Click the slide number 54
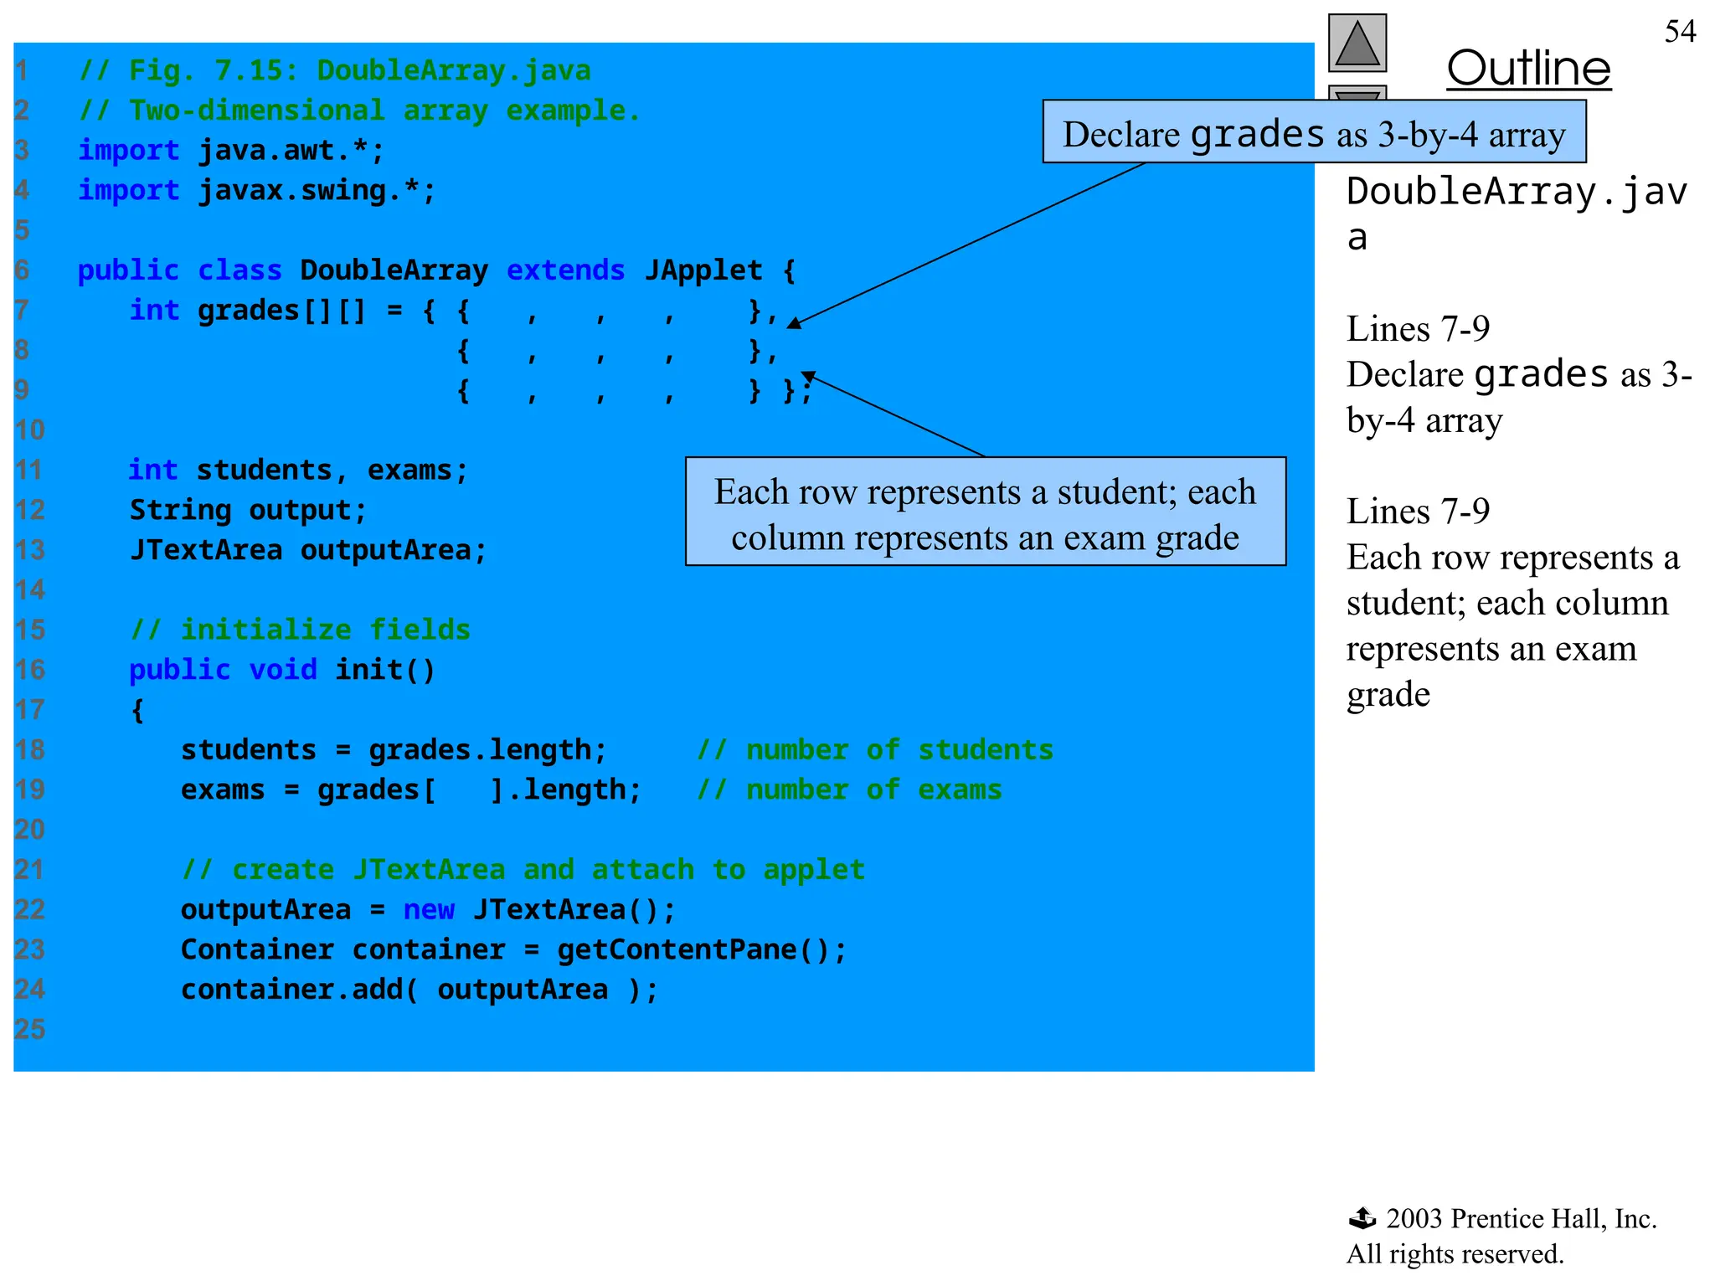pos(1680,32)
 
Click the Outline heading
pos(1528,69)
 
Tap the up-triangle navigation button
pos(1357,44)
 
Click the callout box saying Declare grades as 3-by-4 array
pos(1313,132)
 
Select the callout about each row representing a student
pos(985,512)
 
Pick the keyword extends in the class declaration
pos(565,270)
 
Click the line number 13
pos(30,550)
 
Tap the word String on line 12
pos(180,510)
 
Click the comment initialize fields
pos(301,630)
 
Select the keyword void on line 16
pos(283,670)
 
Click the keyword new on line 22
pos(429,910)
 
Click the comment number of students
pos(875,750)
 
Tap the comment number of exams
pos(849,790)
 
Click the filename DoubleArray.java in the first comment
pos(453,71)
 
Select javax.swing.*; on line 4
pos(317,191)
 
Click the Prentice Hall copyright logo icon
pos(1362,1218)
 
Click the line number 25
pos(30,1029)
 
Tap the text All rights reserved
pos(1455,1254)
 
